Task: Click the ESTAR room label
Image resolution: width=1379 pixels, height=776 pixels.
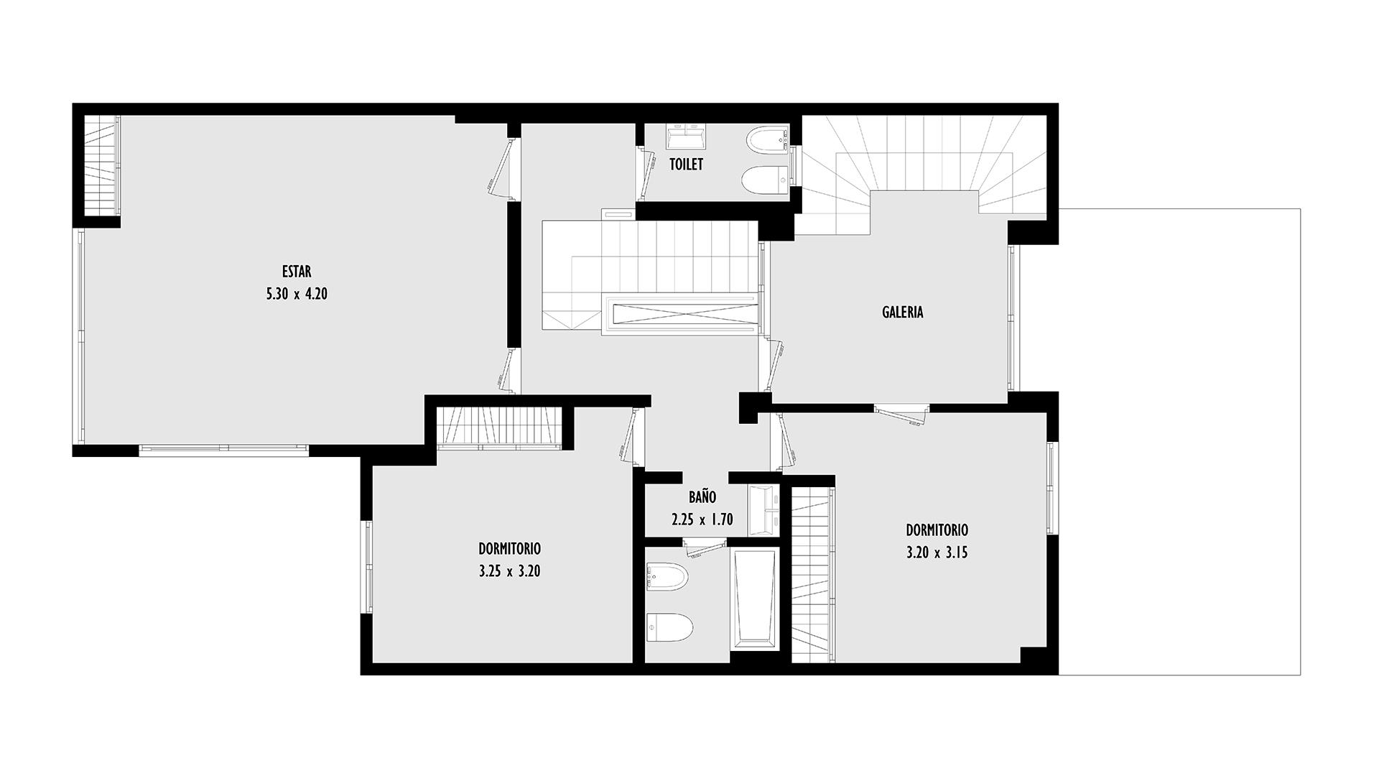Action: pyautogui.click(x=297, y=272)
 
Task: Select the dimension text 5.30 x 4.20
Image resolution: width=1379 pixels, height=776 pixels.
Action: pyautogui.click(x=297, y=293)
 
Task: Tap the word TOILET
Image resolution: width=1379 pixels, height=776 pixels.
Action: pyautogui.click(x=686, y=165)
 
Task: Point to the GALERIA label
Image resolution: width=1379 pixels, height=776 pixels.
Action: pyautogui.click(x=902, y=312)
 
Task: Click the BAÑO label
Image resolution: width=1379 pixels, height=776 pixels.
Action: pyautogui.click(x=702, y=496)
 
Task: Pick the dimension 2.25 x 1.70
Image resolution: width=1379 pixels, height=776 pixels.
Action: pyautogui.click(x=702, y=519)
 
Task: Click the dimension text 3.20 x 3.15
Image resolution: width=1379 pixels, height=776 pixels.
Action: pyautogui.click(x=937, y=553)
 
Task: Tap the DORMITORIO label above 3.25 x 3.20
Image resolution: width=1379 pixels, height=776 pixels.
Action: pyautogui.click(x=509, y=549)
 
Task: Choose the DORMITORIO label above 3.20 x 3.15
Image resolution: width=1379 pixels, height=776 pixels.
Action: pyautogui.click(x=937, y=530)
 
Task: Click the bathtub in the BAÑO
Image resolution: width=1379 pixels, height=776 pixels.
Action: pyautogui.click(x=754, y=599)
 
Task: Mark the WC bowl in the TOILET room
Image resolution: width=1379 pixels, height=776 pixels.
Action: pyautogui.click(x=766, y=180)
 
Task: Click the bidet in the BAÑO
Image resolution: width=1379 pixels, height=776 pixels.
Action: pyautogui.click(x=667, y=576)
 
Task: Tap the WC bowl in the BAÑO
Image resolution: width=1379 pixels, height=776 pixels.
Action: pyautogui.click(x=669, y=627)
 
